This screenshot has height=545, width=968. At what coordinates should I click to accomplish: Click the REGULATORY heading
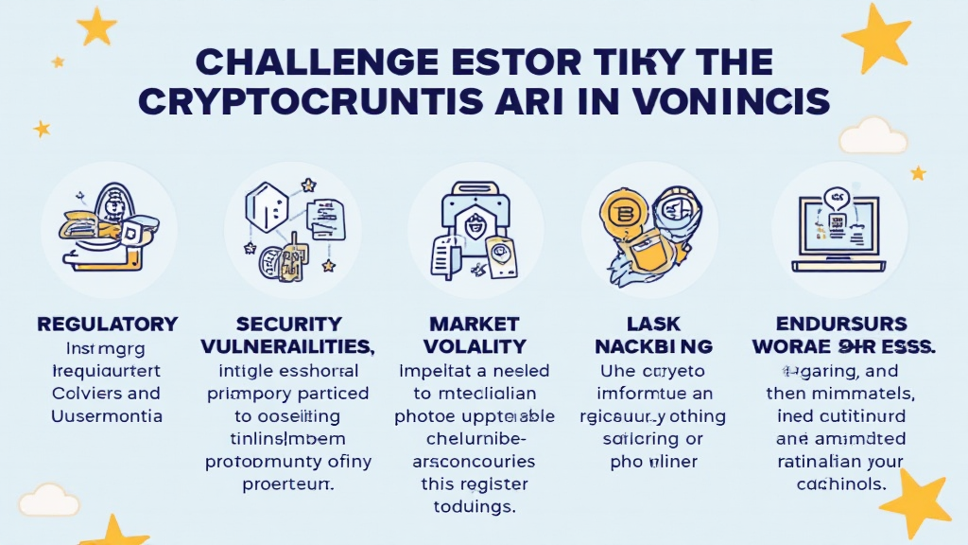(107, 324)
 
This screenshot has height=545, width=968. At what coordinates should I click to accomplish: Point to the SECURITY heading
(288, 324)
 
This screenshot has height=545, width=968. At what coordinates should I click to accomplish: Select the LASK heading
(652, 324)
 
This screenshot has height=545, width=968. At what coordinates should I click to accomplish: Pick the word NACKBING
(652, 346)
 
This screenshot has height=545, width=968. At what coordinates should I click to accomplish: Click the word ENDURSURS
(842, 324)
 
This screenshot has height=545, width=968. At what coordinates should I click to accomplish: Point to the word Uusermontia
(107, 415)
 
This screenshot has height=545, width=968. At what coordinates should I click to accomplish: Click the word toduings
(467, 506)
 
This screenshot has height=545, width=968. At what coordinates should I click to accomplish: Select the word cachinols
(841, 483)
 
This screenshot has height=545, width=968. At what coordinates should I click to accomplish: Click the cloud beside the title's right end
(872, 135)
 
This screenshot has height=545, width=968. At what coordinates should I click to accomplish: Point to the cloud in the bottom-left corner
(48, 499)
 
